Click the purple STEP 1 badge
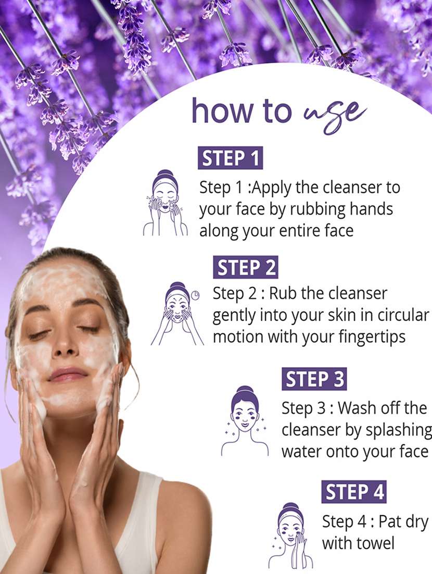[x=230, y=158]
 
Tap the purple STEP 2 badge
[x=245, y=267]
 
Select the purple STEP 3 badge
[x=314, y=379]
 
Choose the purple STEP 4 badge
[x=354, y=492]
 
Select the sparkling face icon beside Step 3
[x=245, y=421]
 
